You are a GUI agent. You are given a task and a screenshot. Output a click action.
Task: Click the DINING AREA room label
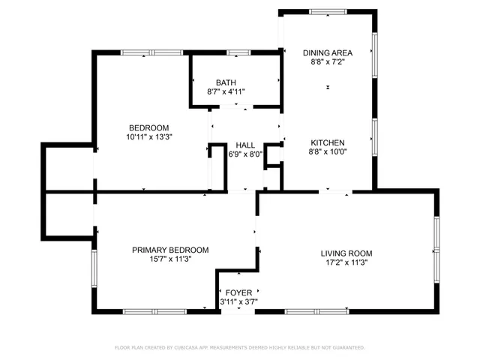327,52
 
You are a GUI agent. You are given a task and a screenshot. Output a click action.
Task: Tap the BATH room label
226,82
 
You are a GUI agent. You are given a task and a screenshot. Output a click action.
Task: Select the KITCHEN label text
327,142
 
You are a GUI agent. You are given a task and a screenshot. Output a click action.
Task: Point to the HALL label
245,145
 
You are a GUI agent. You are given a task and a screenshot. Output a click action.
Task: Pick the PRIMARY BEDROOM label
170,250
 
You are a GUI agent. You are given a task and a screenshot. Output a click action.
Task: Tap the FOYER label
238,292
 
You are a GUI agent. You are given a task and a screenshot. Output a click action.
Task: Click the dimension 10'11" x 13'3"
148,136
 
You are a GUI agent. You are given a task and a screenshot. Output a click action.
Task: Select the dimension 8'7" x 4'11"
226,91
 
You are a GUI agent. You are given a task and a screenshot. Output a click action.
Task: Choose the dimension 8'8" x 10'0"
327,151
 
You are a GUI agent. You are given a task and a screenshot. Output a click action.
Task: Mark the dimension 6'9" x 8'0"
245,154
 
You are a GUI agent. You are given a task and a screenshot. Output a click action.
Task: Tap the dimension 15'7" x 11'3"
170,259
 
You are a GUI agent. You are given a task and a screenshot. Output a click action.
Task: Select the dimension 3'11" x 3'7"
238,301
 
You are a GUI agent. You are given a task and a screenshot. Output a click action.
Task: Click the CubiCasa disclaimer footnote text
239,347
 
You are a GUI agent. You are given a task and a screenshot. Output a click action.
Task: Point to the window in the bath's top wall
238,52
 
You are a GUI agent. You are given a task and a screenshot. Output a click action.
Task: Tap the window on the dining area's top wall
328,11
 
